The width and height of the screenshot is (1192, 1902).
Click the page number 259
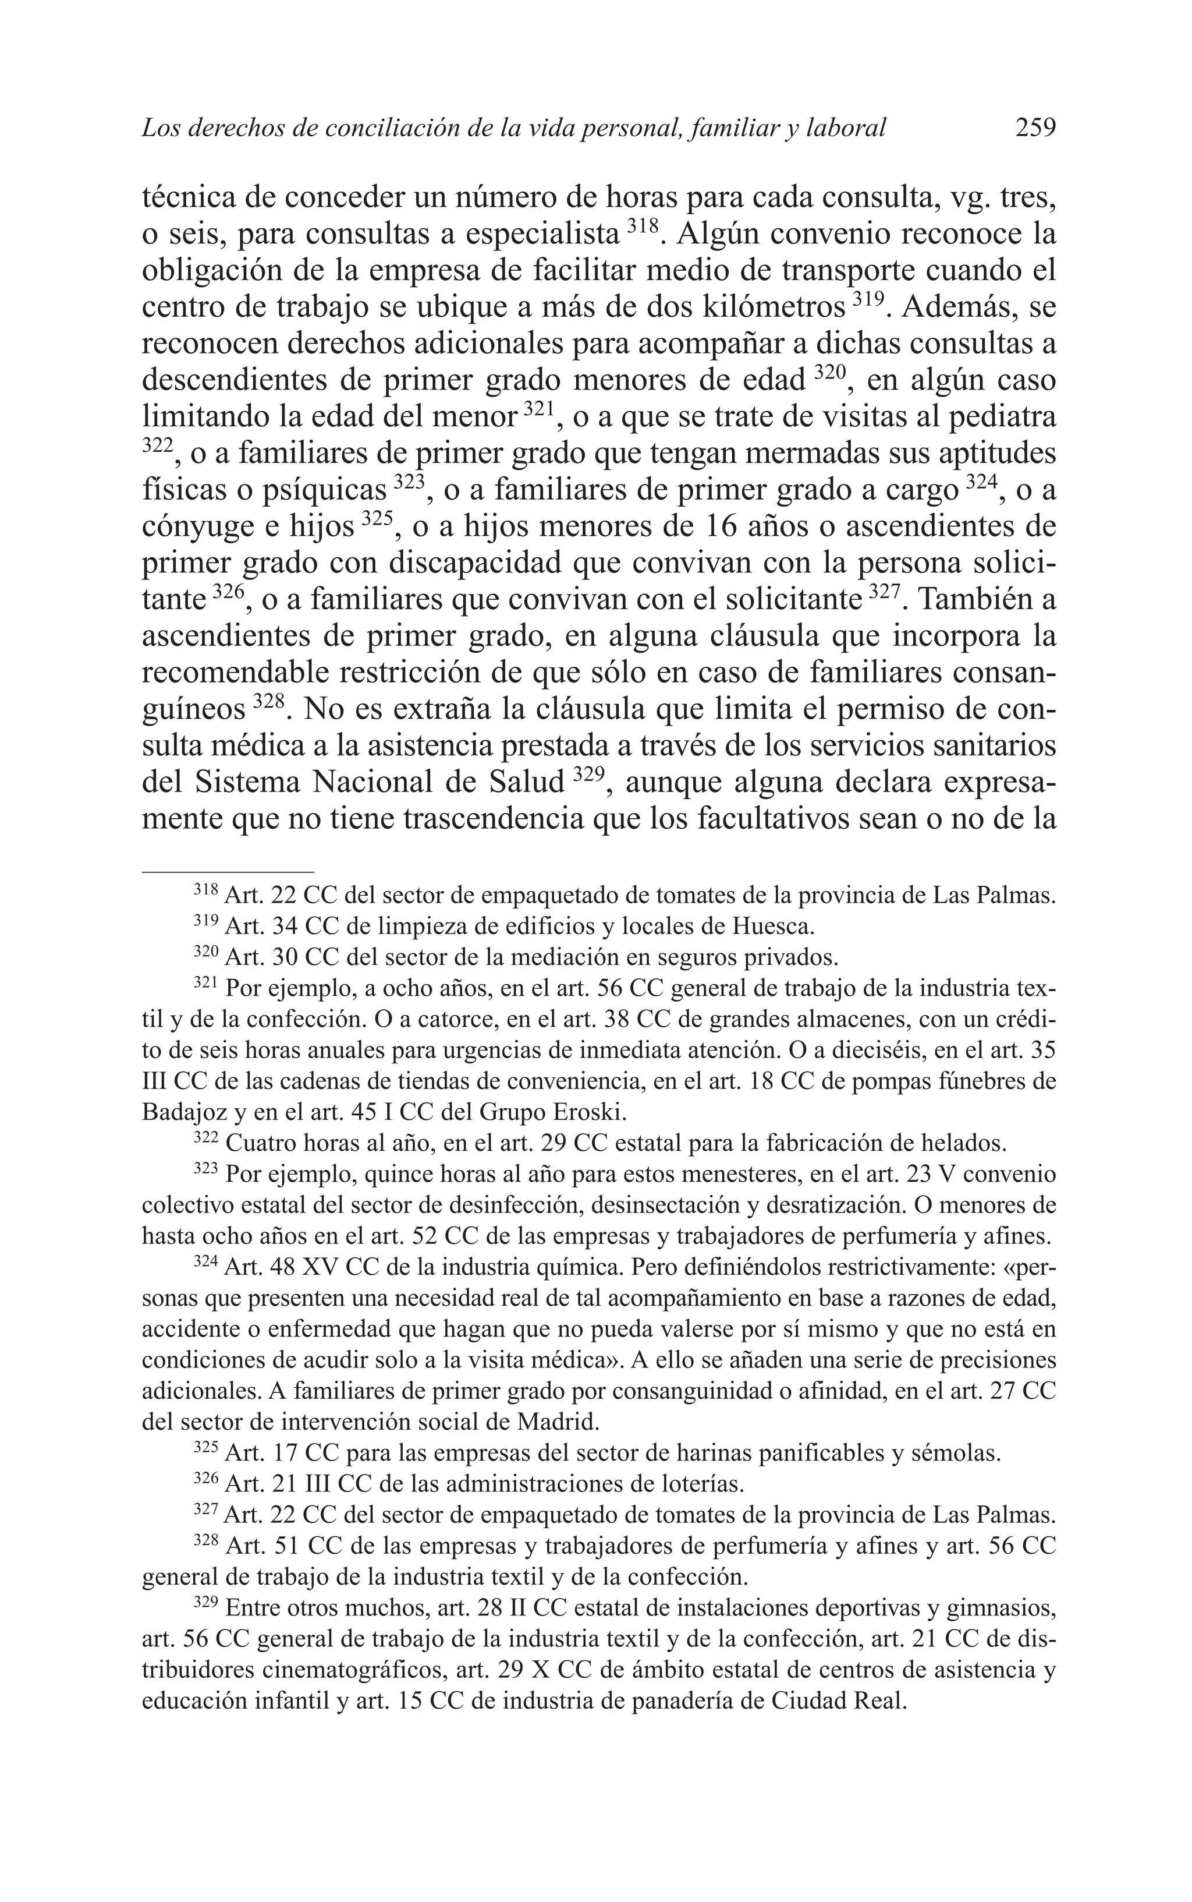click(1034, 127)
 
